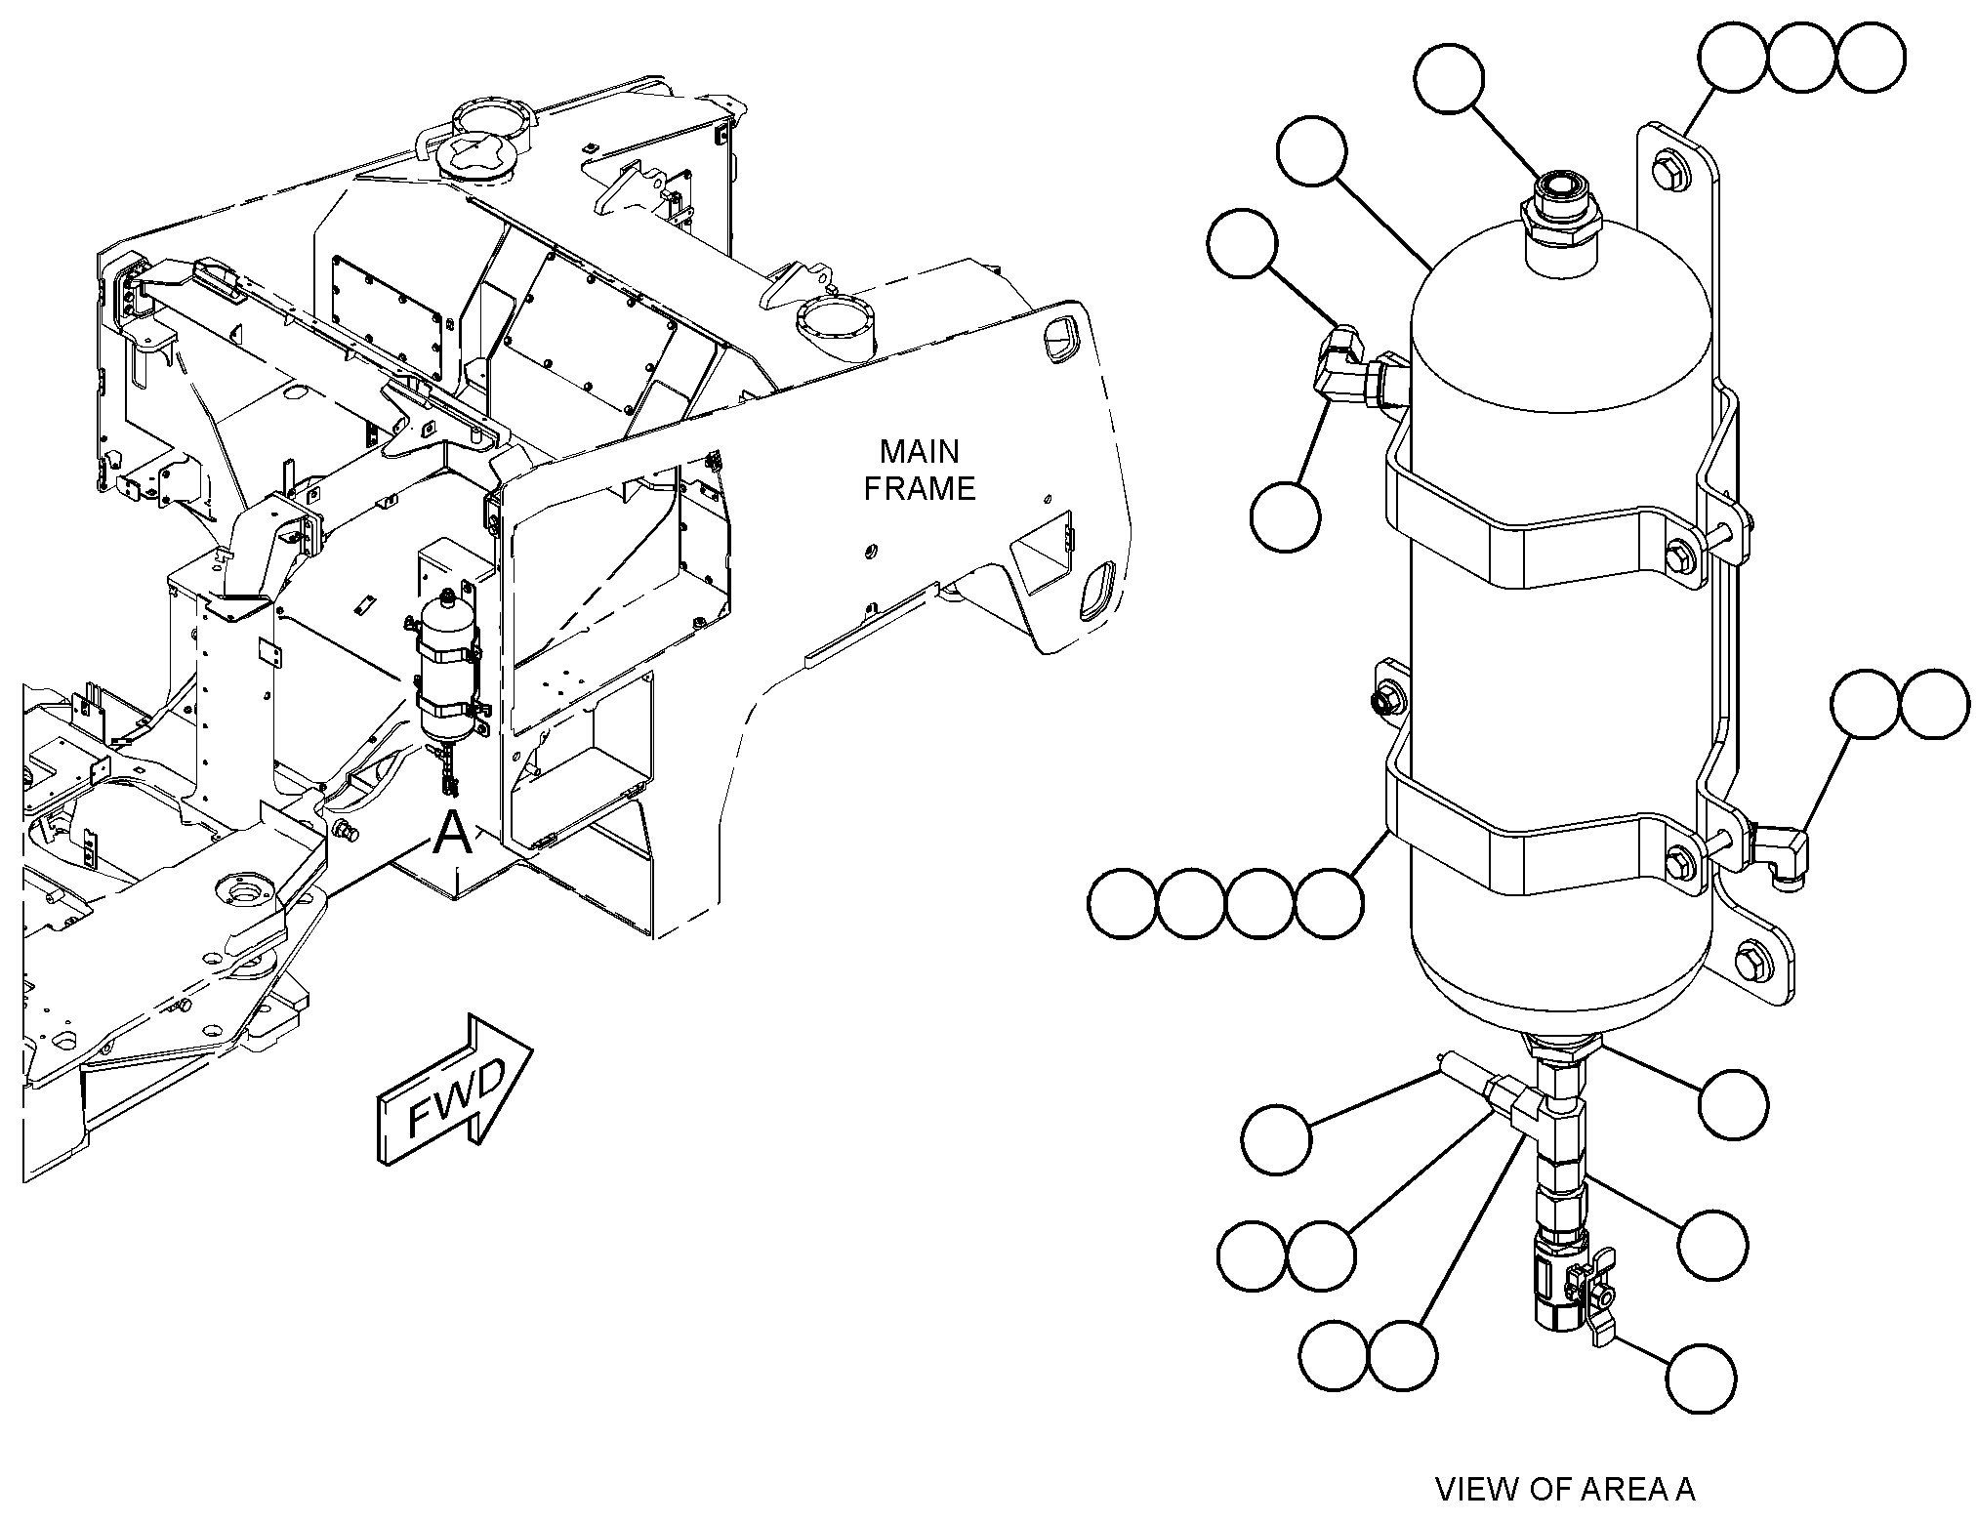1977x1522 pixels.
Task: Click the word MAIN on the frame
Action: (x=919, y=451)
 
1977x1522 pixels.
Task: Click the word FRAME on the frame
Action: (x=920, y=488)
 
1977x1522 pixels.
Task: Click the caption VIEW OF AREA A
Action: (x=1564, y=1489)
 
